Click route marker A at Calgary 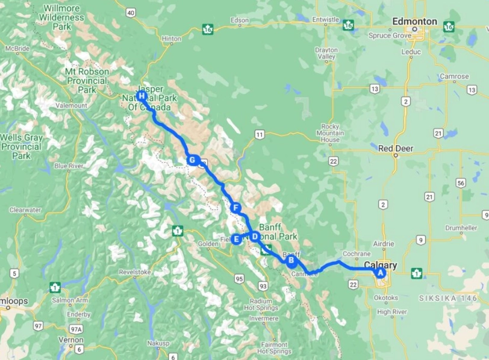click(380, 272)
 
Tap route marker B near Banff click(291, 261)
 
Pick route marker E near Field click(237, 240)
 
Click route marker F click(236, 208)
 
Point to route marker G click(192, 160)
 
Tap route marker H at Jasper click(142, 96)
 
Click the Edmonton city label click(414, 22)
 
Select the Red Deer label click(395, 147)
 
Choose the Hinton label click(171, 39)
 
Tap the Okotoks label click(385, 297)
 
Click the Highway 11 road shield click(260, 135)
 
